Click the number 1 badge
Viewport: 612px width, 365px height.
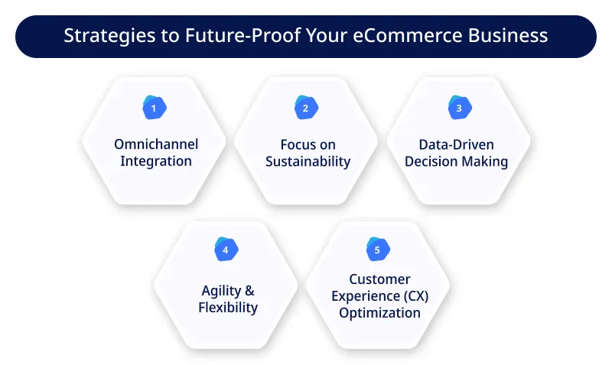[x=154, y=108]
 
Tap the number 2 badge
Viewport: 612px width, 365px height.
[x=305, y=108]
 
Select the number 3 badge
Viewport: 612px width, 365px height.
[x=459, y=108]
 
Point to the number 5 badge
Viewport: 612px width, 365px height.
[x=378, y=249]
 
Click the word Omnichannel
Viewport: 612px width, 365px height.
[x=155, y=144]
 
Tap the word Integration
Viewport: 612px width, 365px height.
[x=155, y=161]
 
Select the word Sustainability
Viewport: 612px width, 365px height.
[x=308, y=161]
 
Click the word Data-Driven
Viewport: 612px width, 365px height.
[x=457, y=144]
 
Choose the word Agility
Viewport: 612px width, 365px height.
[x=219, y=291]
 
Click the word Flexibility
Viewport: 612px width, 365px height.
[x=228, y=308]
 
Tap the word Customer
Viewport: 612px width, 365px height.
[x=379, y=279]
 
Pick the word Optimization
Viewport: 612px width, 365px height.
[x=380, y=312]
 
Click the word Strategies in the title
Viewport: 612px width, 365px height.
[x=98, y=36]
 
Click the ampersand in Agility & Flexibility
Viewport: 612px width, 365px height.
[x=249, y=291]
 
